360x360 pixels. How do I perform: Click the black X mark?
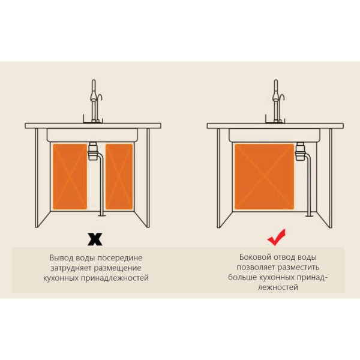pos(95,239)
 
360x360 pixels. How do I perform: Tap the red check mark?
pos(276,238)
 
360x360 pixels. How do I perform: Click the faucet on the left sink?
pos(94,101)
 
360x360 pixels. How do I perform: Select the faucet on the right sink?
pos(277,101)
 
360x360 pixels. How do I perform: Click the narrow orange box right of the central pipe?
pos(119,176)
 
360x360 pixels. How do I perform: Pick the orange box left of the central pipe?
pos(70,176)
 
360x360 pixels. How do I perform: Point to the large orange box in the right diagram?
pos(265,176)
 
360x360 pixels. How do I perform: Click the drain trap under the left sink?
pos(93,151)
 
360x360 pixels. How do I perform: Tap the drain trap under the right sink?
pos(300,151)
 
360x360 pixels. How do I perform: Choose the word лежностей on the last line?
pos(278,287)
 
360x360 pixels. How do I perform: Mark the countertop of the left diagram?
pos(93,126)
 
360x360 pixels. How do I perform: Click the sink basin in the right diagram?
pos(274,135)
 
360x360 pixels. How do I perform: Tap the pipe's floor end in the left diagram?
pos(101,215)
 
